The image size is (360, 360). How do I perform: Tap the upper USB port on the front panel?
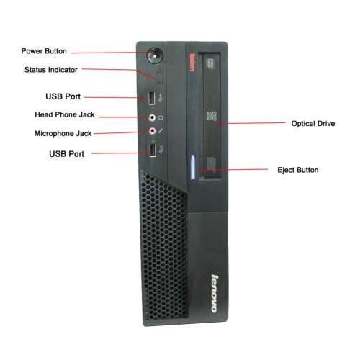pyautogui.click(x=151, y=98)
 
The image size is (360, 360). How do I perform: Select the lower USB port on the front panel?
pyautogui.click(x=153, y=150)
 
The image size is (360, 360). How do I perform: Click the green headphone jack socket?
pyautogui.click(x=152, y=117)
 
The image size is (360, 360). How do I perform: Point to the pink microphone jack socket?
pyautogui.click(x=153, y=131)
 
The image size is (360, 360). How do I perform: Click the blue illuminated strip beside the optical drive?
pyautogui.click(x=193, y=167)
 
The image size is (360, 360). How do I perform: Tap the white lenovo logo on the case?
pyautogui.click(x=215, y=294)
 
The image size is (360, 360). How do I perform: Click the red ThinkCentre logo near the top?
pyautogui.click(x=192, y=62)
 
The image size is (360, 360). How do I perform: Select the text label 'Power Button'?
pyautogui.click(x=44, y=51)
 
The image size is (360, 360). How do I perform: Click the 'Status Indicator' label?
pyautogui.click(x=51, y=70)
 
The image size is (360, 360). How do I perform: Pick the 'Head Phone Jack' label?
pyautogui.click(x=65, y=114)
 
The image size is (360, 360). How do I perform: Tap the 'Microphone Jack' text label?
pyautogui.click(x=63, y=133)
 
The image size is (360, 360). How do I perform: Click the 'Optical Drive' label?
pyautogui.click(x=313, y=123)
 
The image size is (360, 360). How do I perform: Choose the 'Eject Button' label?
pyautogui.click(x=298, y=170)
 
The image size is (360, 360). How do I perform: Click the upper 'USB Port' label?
pyautogui.click(x=63, y=96)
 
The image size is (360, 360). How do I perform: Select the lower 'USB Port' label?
pyautogui.click(x=67, y=154)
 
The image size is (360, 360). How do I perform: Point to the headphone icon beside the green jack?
pyautogui.click(x=161, y=117)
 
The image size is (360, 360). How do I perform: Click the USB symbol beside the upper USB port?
pyautogui.click(x=161, y=98)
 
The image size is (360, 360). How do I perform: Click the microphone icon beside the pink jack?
pyautogui.click(x=161, y=131)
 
